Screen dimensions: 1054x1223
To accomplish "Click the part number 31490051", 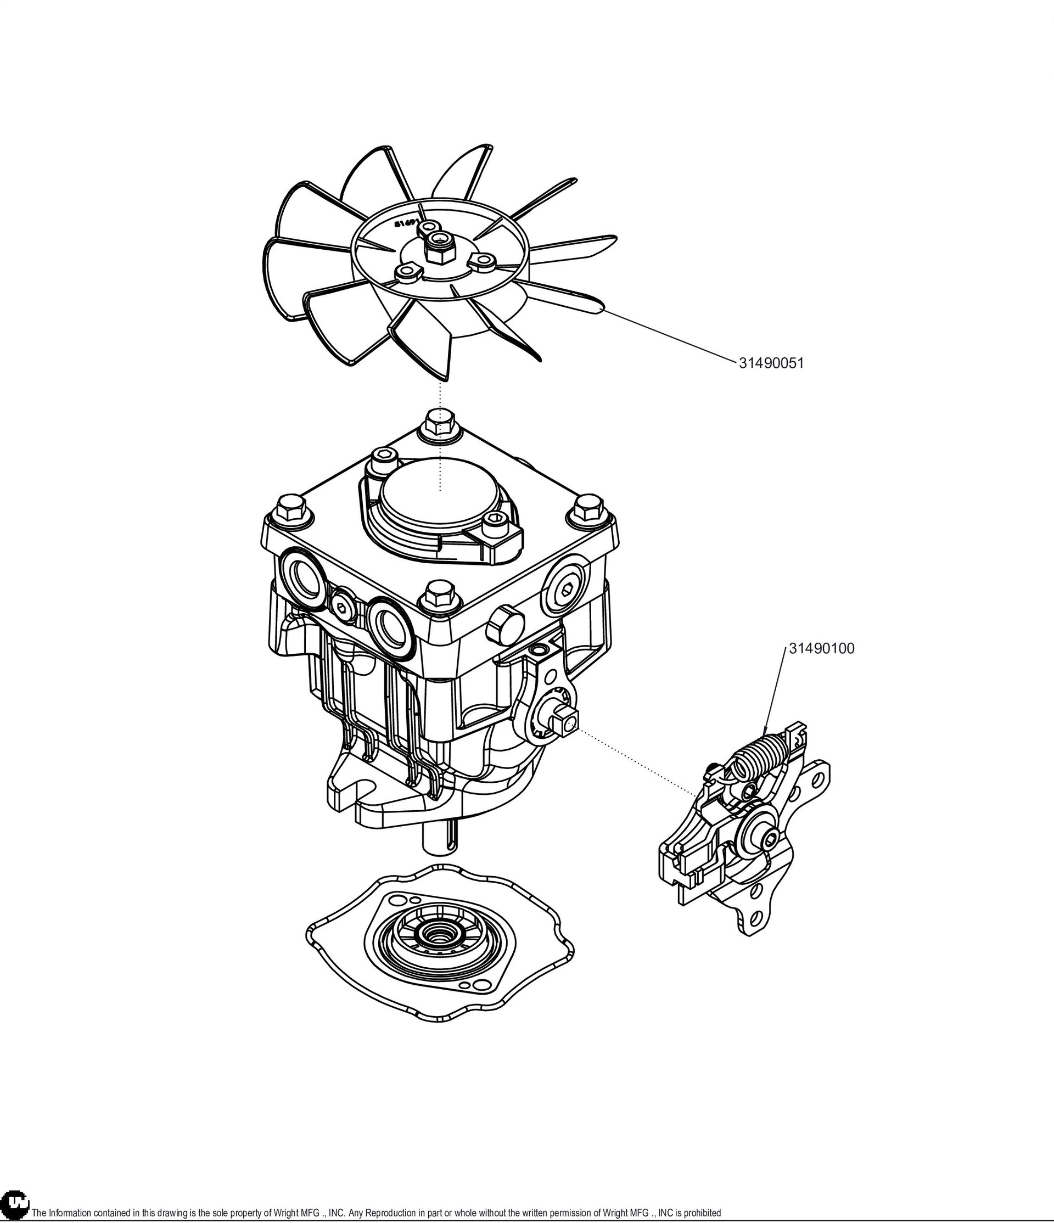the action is point(771,363).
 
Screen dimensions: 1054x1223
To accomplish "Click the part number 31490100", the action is point(821,649).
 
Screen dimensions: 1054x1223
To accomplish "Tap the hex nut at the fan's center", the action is point(439,251).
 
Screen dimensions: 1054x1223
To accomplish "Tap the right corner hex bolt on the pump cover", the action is point(588,511).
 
